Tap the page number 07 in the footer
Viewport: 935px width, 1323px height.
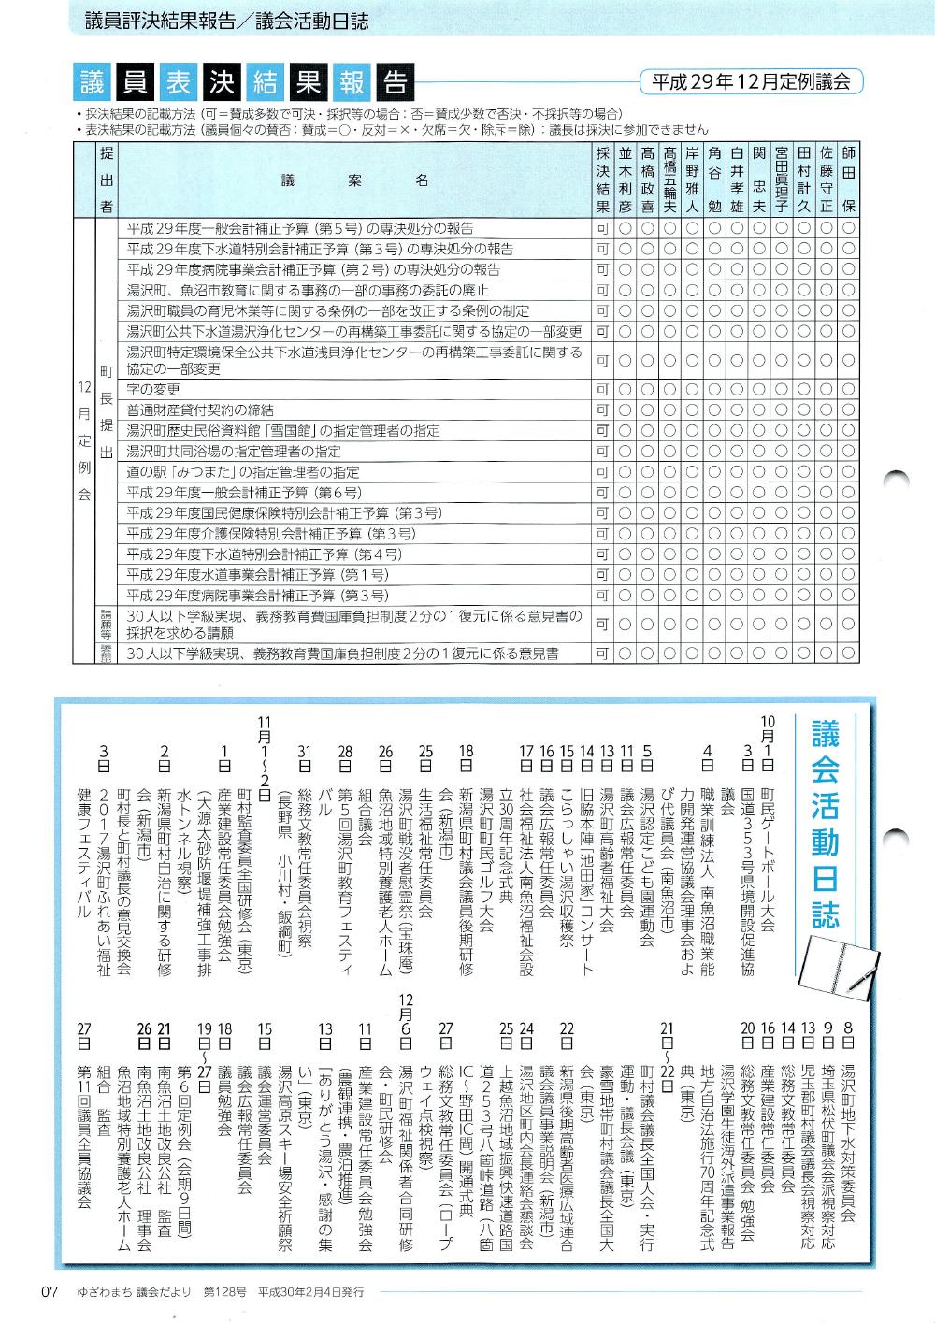48,1292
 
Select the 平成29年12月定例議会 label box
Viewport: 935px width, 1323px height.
751,81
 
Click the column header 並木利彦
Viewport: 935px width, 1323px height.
625,179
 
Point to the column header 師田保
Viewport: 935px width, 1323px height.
848,179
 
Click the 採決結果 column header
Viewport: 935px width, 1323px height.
602,179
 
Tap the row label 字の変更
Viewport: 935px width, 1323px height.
153,390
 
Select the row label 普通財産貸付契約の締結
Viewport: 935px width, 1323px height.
200,410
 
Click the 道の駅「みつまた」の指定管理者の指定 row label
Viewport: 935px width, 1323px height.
243,472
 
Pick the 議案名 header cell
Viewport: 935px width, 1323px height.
354,180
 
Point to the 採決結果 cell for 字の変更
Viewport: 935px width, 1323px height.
602,390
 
